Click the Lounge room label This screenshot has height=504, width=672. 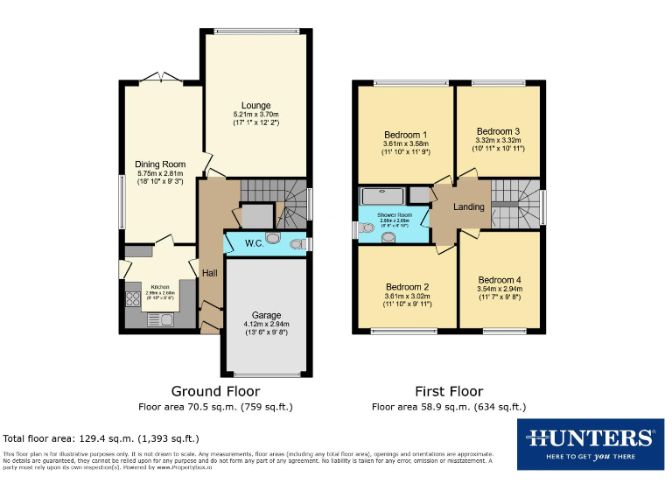click(x=255, y=106)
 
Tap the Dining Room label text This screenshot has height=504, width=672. click(x=160, y=164)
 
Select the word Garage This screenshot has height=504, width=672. click(x=266, y=314)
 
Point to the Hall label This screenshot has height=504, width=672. click(x=210, y=273)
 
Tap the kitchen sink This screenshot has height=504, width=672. click(x=165, y=319)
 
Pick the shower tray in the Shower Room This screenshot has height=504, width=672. click(x=382, y=196)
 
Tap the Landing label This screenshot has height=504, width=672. click(x=469, y=207)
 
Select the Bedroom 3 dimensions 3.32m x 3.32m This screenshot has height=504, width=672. click(x=498, y=140)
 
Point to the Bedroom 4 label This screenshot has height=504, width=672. click(x=500, y=280)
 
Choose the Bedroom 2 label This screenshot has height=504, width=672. click(x=407, y=287)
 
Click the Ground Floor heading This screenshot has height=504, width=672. click(x=215, y=391)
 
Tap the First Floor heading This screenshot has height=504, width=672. click(x=448, y=391)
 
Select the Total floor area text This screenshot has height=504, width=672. click(x=101, y=437)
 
